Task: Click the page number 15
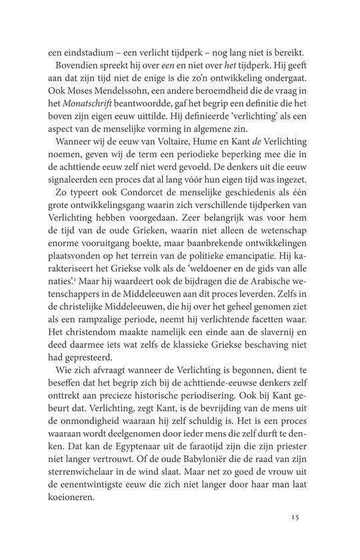297,516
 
